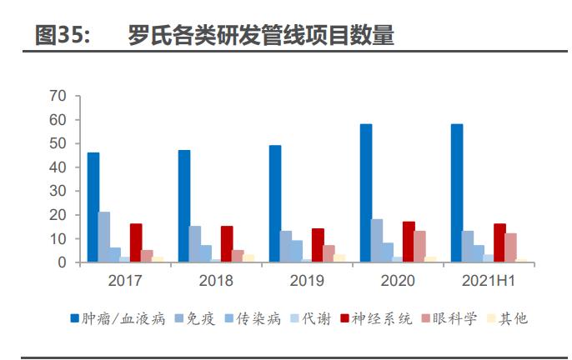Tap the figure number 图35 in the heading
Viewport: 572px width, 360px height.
[x=63, y=34]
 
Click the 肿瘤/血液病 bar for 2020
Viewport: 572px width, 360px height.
[x=366, y=193]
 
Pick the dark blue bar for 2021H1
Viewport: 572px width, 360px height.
[x=457, y=193]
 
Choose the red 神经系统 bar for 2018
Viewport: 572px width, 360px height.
[x=227, y=244]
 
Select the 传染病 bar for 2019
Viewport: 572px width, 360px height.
[x=297, y=252]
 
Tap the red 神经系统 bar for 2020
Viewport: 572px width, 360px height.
[x=409, y=242]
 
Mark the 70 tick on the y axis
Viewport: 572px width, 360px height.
[x=58, y=96]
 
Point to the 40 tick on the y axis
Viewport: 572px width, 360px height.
[x=58, y=167]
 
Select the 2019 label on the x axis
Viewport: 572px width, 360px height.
[x=307, y=281]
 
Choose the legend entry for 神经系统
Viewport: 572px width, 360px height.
[x=374, y=318]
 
